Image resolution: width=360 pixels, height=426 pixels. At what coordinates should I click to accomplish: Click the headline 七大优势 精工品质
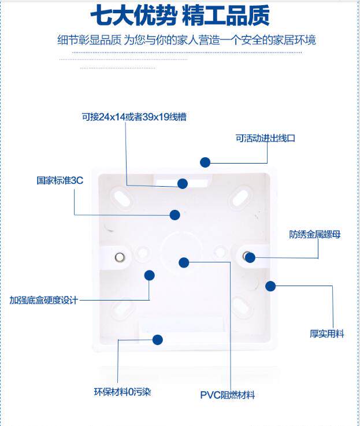tap(180, 15)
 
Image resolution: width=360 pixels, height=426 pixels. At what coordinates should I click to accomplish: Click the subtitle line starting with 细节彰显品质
tap(187, 40)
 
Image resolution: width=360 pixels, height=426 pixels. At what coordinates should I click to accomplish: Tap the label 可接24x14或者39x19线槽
tap(134, 117)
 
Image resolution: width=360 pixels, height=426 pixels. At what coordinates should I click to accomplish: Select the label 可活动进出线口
tap(265, 138)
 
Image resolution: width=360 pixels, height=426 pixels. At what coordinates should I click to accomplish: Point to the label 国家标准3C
tap(60, 180)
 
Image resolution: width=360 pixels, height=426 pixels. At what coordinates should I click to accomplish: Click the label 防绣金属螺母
tap(314, 234)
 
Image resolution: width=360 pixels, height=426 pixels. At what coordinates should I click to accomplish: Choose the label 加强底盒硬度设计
tap(44, 300)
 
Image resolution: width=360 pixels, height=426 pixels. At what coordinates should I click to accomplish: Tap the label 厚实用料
tap(327, 334)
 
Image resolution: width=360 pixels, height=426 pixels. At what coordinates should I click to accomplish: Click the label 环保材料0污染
tap(123, 392)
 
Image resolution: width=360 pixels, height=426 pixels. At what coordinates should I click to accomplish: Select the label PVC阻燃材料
tap(228, 395)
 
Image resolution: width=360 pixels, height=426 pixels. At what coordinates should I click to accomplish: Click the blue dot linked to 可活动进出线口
tap(205, 162)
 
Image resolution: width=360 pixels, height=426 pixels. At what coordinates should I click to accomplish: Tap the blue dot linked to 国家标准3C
tap(175, 215)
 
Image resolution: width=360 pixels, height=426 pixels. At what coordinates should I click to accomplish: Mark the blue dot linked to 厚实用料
tap(270, 286)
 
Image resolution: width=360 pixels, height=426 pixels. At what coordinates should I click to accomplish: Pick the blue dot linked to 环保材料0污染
tap(158, 340)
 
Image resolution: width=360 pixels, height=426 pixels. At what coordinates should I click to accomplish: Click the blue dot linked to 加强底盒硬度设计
tap(150, 275)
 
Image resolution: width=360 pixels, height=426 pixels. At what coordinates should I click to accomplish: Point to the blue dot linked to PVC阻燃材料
tap(184, 262)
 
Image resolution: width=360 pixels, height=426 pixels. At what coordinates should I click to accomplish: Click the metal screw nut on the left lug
tap(120, 257)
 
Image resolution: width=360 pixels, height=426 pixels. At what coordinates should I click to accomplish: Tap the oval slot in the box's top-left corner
tap(121, 197)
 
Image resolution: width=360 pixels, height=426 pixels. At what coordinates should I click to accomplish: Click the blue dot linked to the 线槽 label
tap(183, 184)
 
